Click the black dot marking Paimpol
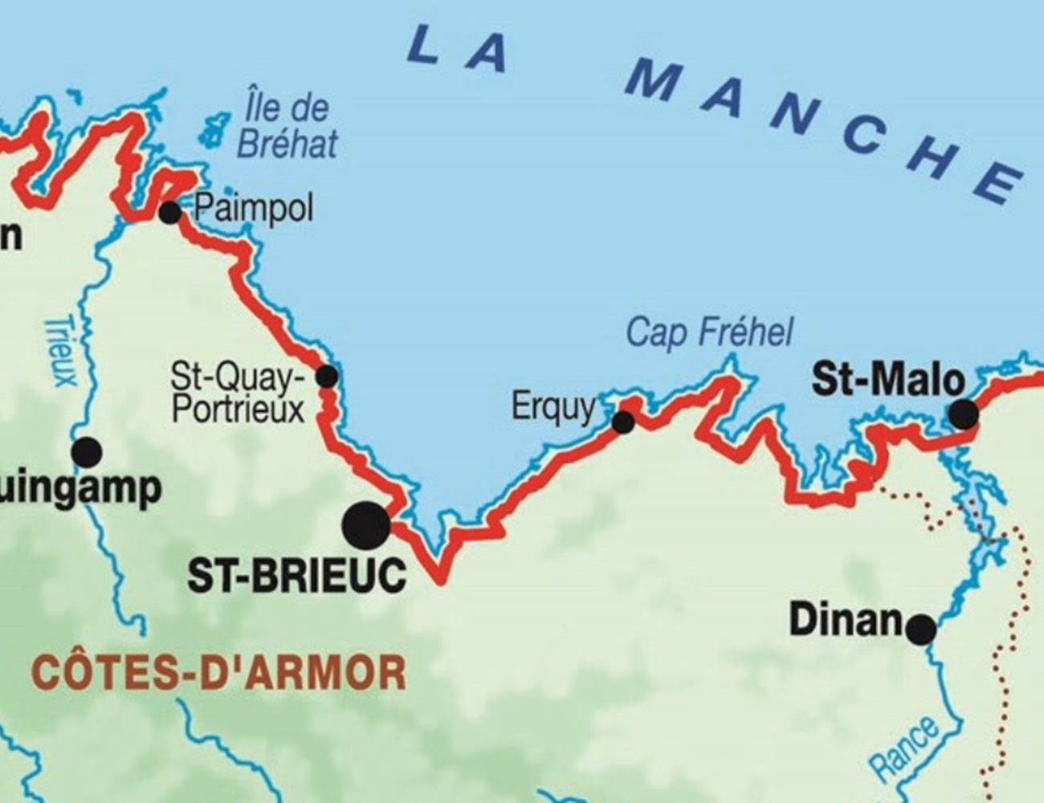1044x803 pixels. (169, 213)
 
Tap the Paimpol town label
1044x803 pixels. (253, 210)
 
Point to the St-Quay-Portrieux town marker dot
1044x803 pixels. (327, 376)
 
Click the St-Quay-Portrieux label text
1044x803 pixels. (238, 393)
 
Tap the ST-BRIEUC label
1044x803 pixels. (296, 576)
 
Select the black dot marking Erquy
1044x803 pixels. (623, 422)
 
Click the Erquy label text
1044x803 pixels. (553, 407)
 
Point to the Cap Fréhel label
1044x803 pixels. (708, 332)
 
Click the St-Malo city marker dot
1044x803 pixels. (964, 414)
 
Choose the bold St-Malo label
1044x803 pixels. (887, 379)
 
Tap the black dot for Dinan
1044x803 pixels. (921, 629)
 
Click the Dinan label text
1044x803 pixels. (846, 620)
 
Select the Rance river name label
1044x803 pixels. (905, 748)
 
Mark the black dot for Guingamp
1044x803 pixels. (87, 452)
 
